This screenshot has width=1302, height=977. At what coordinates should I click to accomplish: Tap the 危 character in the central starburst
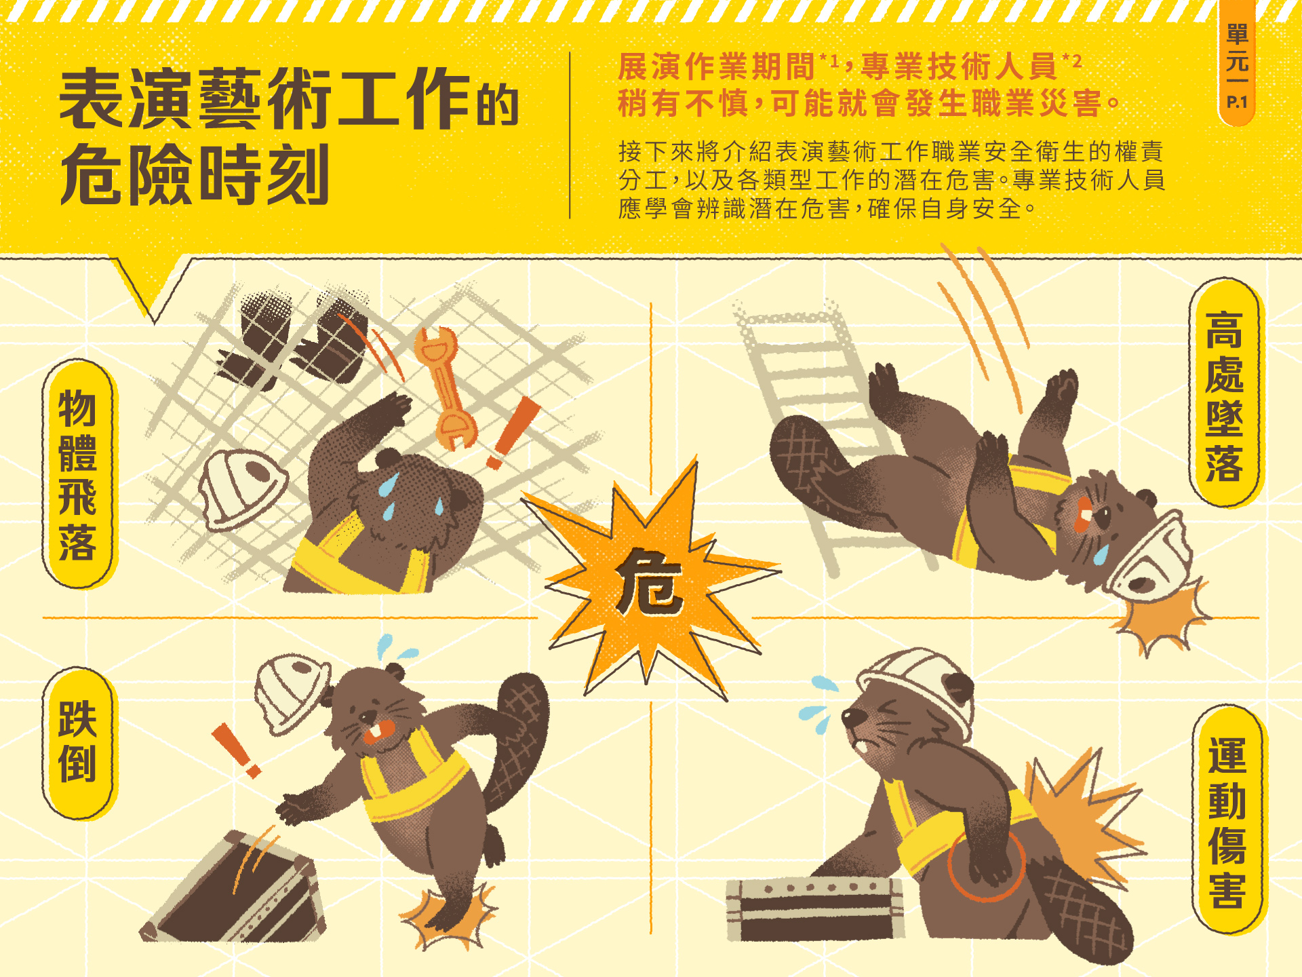tap(650, 582)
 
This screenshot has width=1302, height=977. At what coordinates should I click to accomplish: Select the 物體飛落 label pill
tap(78, 474)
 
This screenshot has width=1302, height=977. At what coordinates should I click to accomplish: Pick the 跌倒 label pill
tap(78, 743)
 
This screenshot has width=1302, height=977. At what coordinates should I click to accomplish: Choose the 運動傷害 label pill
tap(1227, 820)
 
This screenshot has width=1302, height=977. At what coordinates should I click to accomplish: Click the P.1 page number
tap(1237, 102)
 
